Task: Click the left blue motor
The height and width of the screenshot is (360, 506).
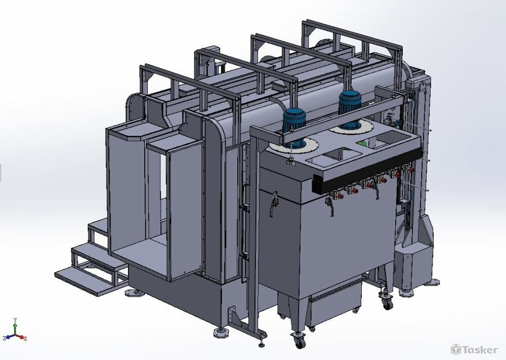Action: coord(294,126)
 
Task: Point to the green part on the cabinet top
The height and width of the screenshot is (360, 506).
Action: coord(363,143)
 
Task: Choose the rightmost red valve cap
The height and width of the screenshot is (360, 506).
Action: coord(410,169)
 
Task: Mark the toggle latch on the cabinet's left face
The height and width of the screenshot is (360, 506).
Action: coord(274,204)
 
